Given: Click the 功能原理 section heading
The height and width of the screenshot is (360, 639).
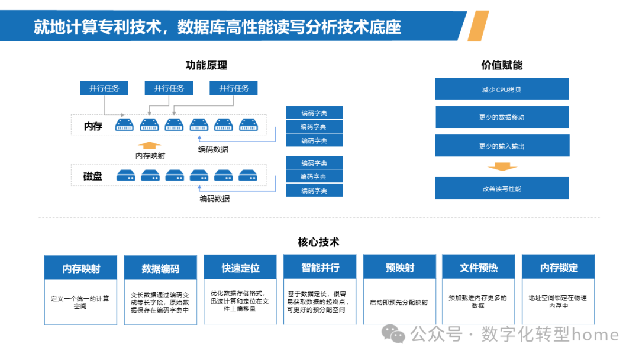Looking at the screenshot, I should pyautogui.click(x=206, y=66).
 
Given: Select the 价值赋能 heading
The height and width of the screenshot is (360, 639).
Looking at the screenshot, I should pyautogui.click(x=502, y=66).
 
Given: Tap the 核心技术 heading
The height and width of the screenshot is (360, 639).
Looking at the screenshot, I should pyautogui.click(x=318, y=242).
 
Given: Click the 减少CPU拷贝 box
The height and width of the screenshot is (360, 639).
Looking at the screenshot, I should pyautogui.click(x=502, y=89).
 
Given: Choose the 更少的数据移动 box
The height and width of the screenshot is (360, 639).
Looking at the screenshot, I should pyautogui.click(x=502, y=117).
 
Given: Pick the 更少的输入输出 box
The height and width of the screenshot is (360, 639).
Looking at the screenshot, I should pyautogui.click(x=502, y=146).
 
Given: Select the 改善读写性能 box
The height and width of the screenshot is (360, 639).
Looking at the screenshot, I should pyautogui.click(x=502, y=188).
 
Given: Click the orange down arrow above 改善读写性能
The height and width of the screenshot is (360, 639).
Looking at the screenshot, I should pyautogui.click(x=502, y=166).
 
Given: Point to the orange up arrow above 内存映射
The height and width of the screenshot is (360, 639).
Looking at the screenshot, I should pyautogui.click(x=149, y=144).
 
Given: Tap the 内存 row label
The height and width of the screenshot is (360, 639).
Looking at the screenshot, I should pyautogui.click(x=93, y=126).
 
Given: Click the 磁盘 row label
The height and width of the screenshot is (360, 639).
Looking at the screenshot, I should pyautogui.click(x=93, y=175).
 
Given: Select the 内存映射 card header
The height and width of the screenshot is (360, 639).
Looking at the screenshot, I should pyautogui.click(x=81, y=268).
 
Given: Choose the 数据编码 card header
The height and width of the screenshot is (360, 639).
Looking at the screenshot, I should pyautogui.click(x=160, y=268).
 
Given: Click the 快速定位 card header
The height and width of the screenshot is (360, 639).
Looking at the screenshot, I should pyautogui.click(x=240, y=268).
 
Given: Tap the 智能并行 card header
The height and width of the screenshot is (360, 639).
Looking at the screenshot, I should pyautogui.click(x=320, y=268).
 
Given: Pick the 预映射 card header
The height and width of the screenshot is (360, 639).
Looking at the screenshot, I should pyautogui.click(x=399, y=268).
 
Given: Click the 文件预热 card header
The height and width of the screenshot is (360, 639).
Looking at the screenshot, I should pyautogui.click(x=479, y=268).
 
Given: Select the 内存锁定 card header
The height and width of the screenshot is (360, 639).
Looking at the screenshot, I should pyautogui.click(x=559, y=268).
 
